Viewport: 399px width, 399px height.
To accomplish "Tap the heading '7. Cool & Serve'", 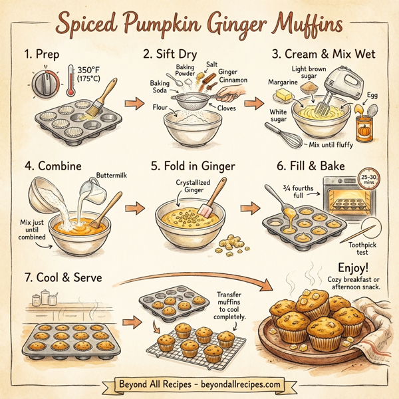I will (63, 277).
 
